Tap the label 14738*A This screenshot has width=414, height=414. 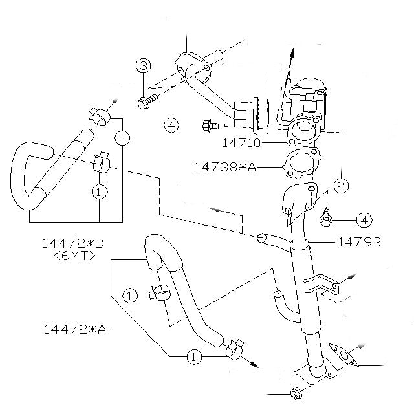[224, 167]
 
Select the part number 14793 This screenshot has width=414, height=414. [359, 243]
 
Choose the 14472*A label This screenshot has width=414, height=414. [74, 329]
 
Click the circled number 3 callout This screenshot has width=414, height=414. [143, 65]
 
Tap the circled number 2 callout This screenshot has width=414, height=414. [342, 186]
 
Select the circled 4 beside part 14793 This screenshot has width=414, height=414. [364, 220]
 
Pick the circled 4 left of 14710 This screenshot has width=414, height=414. [171, 125]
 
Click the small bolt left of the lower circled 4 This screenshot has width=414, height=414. [327, 219]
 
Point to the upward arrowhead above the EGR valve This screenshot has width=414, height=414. [291, 51]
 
